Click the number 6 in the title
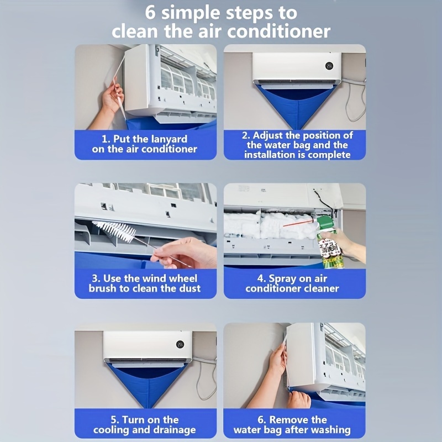point(151,12)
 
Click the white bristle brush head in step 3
point(114,231)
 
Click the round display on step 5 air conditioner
point(180,344)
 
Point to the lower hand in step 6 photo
point(298,399)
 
